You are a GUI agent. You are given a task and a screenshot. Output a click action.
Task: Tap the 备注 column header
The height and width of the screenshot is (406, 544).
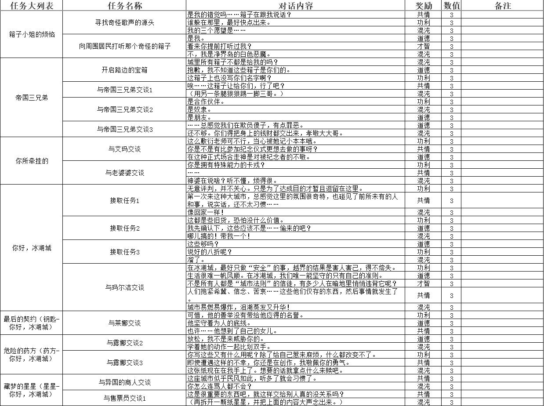coord(502,6)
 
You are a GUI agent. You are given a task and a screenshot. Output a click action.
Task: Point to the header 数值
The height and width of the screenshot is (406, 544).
coord(452,6)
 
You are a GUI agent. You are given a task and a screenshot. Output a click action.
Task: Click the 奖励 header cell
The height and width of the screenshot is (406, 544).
coord(424,6)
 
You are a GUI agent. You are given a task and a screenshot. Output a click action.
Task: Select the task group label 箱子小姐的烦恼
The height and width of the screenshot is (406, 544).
coord(32,34)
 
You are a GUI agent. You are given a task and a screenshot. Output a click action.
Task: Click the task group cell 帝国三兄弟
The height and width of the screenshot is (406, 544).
coord(32,98)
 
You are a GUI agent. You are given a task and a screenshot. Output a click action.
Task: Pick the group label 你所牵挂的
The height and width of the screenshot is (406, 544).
coord(32,161)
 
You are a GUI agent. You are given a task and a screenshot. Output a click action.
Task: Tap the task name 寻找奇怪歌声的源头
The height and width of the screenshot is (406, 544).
coord(125,22)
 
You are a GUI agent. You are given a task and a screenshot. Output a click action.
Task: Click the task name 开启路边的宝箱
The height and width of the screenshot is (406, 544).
coord(125,70)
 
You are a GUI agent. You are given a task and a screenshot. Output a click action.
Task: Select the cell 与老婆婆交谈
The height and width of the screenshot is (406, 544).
coord(125,173)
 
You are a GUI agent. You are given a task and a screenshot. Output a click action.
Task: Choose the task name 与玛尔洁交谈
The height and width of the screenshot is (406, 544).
coord(125,287)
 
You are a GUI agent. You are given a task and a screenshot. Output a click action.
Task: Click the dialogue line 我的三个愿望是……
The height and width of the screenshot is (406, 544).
coord(217,31)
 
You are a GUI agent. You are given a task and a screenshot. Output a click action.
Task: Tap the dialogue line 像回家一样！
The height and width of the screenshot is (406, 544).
coord(206,213)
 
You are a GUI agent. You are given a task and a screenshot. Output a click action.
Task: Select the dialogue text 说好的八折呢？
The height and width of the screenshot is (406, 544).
coord(210,252)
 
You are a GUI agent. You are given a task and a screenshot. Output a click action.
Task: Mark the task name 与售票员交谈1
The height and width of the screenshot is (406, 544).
coord(125,398)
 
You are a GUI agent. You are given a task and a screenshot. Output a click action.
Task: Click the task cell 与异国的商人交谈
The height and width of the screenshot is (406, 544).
coord(125,382)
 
